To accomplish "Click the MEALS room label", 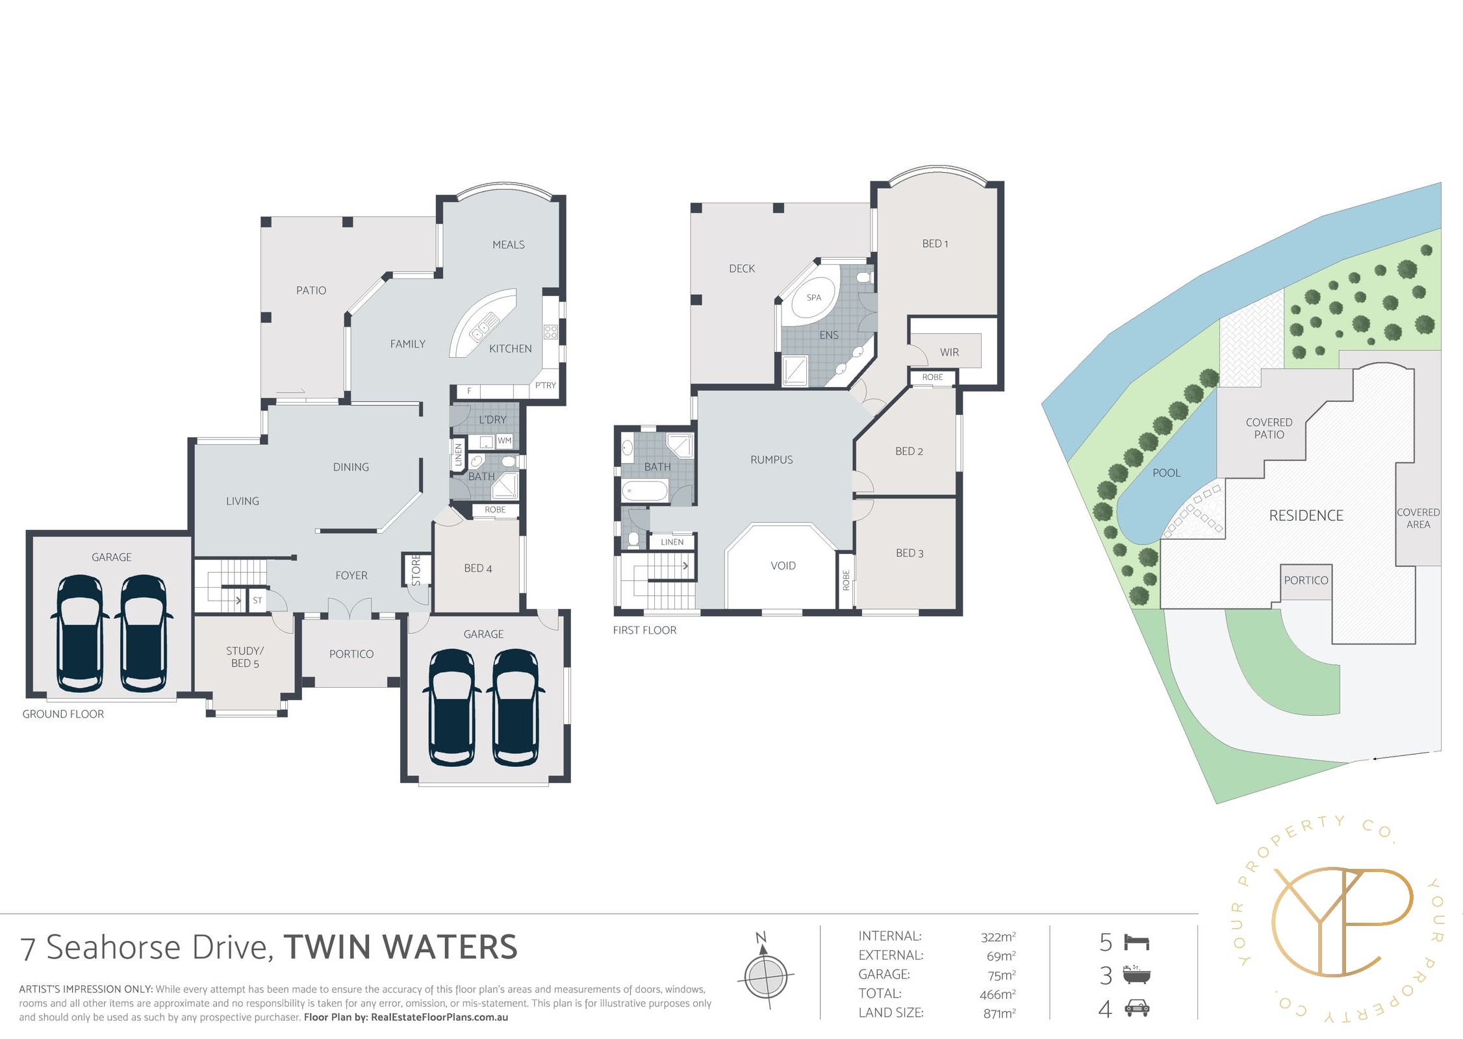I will click(508, 245).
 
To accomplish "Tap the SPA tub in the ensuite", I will click(813, 298).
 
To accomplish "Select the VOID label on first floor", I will click(783, 566).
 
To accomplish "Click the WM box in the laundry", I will click(504, 441).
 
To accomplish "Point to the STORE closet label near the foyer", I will click(416, 570).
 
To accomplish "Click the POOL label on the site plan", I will click(1166, 473).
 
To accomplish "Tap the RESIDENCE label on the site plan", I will click(1306, 516).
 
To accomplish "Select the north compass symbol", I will click(766, 974).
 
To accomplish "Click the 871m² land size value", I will click(999, 1013).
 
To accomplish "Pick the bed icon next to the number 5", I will click(1137, 942).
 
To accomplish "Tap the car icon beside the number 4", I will click(1137, 1008).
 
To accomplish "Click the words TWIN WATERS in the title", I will click(400, 947).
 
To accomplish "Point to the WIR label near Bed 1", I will click(949, 353).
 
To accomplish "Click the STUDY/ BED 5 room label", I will click(244, 657).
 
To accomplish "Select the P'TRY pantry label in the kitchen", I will click(545, 385).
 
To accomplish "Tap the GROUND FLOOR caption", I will click(63, 714).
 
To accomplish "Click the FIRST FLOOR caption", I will click(644, 630).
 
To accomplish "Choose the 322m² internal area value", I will click(998, 937).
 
